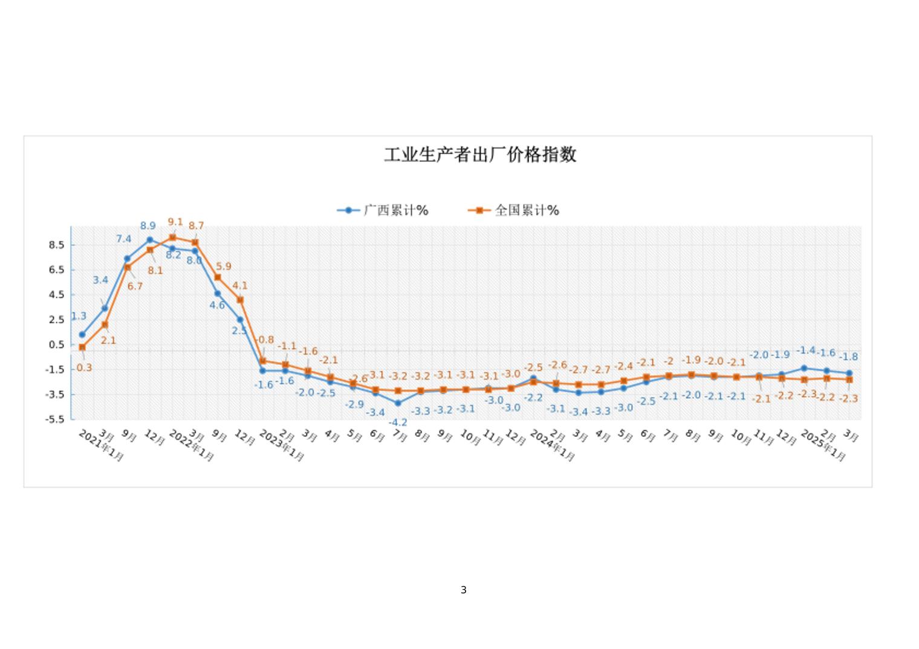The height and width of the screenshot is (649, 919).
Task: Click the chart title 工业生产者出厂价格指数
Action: [480, 155]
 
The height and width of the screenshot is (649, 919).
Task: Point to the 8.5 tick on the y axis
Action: [56, 245]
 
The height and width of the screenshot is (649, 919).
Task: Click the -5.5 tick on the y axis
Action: [55, 419]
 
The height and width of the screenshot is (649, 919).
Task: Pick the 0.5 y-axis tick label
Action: [56, 344]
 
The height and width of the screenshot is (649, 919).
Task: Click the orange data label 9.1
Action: [175, 222]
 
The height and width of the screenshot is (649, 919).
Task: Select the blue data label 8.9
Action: [148, 226]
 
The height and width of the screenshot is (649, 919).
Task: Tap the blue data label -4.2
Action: [398, 422]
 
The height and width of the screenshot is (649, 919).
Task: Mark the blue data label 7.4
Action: [124, 239]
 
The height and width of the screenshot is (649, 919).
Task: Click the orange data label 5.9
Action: [223, 266]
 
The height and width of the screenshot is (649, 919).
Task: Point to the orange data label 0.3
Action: [84, 367]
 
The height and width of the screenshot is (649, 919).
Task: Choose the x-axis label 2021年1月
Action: [101, 446]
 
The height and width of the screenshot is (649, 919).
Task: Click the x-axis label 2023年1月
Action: [281, 446]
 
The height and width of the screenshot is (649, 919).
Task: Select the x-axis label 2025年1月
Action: [823, 446]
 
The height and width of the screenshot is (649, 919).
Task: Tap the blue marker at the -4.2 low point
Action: [398, 403]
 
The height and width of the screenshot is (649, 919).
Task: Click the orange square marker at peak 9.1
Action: [172, 237]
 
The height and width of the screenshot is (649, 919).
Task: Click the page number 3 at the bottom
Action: [464, 590]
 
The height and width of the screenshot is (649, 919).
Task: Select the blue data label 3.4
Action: [100, 280]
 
